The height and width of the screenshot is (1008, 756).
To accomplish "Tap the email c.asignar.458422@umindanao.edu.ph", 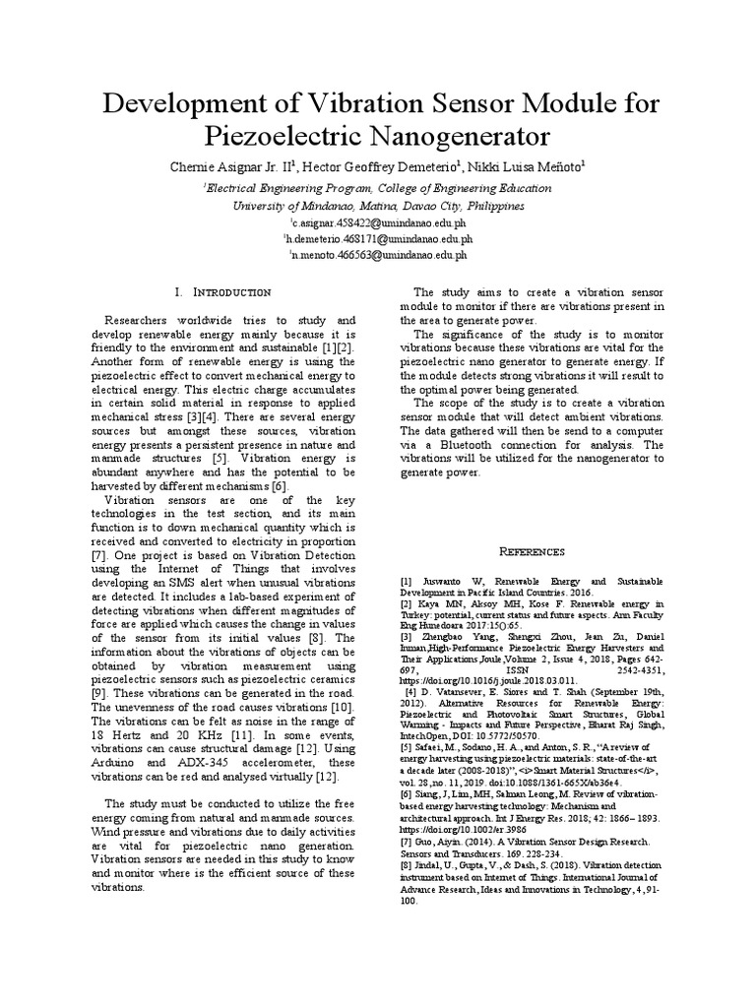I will pyautogui.click(x=379, y=223).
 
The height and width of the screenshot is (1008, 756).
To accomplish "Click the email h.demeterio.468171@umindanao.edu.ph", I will pyautogui.click(x=379, y=238).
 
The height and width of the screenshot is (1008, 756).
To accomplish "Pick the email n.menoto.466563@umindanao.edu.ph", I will pyautogui.click(x=379, y=253).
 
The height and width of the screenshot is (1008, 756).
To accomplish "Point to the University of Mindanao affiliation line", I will pyautogui.click(x=378, y=207).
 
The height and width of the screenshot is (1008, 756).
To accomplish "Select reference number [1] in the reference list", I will pyautogui.click(x=406, y=583).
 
